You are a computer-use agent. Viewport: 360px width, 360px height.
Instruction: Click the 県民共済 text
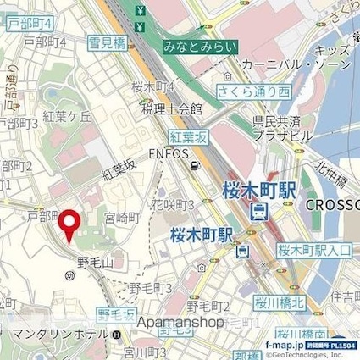pos(277,122)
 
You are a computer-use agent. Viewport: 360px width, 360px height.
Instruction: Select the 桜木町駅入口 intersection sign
pos(314,249)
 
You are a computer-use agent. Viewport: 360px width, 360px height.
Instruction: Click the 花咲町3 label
pos(174,203)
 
